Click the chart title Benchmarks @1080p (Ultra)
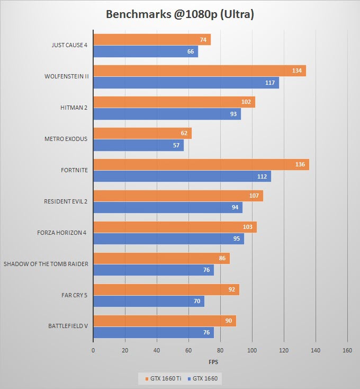[180, 14]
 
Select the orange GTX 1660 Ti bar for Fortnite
[201, 164]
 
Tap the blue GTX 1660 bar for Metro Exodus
[139, 145]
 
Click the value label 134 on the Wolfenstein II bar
[297, 70]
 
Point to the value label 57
[176, 145]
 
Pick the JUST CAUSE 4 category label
[69, 45]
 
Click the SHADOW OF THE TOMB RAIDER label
[46, 264]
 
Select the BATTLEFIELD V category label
[68, 326]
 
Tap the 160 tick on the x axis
[347, 350]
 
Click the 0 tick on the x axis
[93, 350]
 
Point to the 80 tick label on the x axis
[220, 350]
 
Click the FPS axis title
[213, 362]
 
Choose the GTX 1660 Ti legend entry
[163, 378]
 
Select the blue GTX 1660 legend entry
[203, 378]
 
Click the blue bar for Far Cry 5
[149, 301]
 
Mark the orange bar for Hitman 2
[174, 102]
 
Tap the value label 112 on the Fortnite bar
[262, 176]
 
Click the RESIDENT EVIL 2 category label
[66, 201]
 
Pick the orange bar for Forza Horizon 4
[175, 227]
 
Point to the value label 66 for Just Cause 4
[191, 51]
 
